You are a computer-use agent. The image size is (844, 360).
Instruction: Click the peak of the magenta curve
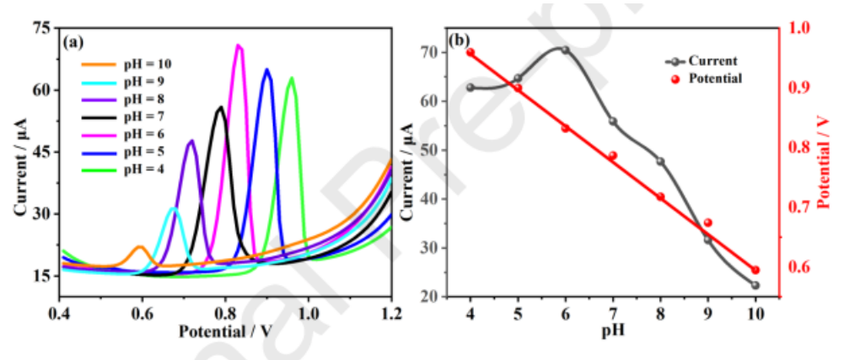(239, 46)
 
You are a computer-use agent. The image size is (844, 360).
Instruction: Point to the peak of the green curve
(292, 78)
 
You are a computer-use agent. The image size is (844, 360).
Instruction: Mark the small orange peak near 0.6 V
(140, 246)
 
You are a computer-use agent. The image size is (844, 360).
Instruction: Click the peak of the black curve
(221, 107)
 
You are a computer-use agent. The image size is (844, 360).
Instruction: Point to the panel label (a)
(74, 41)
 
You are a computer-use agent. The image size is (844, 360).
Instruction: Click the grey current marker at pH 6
(565, 50)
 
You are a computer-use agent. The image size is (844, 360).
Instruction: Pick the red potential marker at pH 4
(470, 52)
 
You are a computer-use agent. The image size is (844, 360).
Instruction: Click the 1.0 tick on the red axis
(798, 28)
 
